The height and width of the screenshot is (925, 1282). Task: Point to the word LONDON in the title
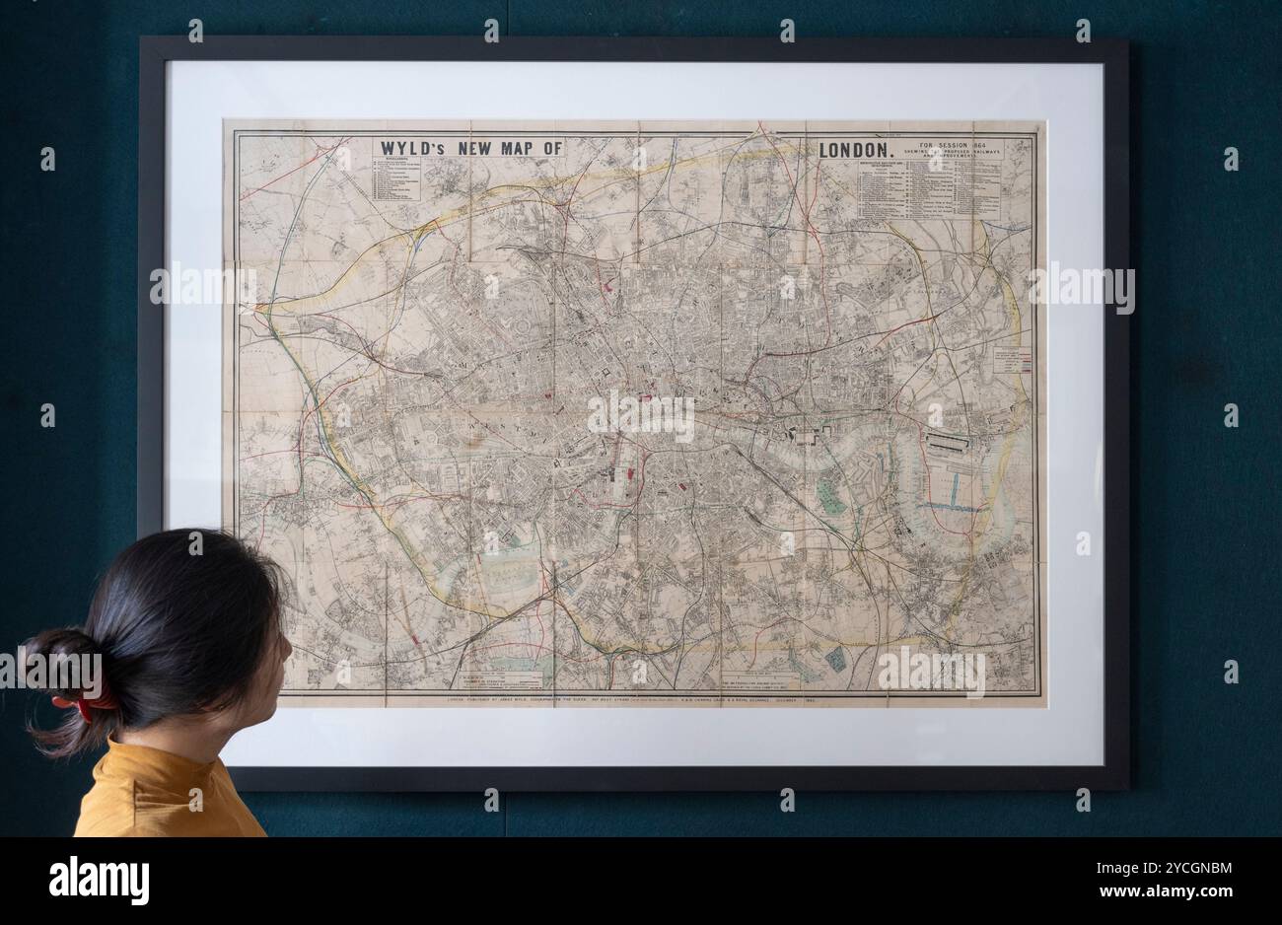(856, 151)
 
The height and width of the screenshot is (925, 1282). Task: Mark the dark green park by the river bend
(831, 494)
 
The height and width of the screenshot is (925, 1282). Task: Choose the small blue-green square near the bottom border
(836, 659)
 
